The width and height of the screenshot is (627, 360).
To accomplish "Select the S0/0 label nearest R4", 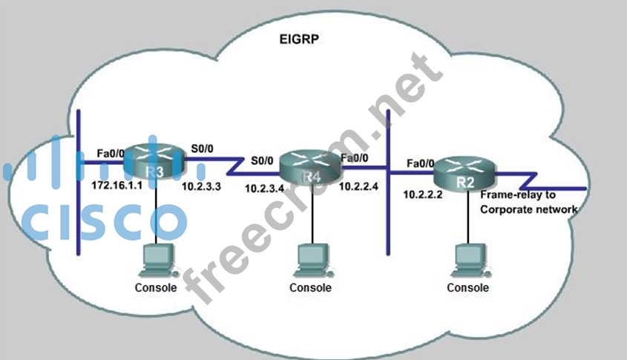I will [x=260, y=160].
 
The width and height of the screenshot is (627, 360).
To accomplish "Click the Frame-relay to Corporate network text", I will [x=528, y=203].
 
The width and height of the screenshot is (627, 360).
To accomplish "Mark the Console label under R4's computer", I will [x=311, y=287].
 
